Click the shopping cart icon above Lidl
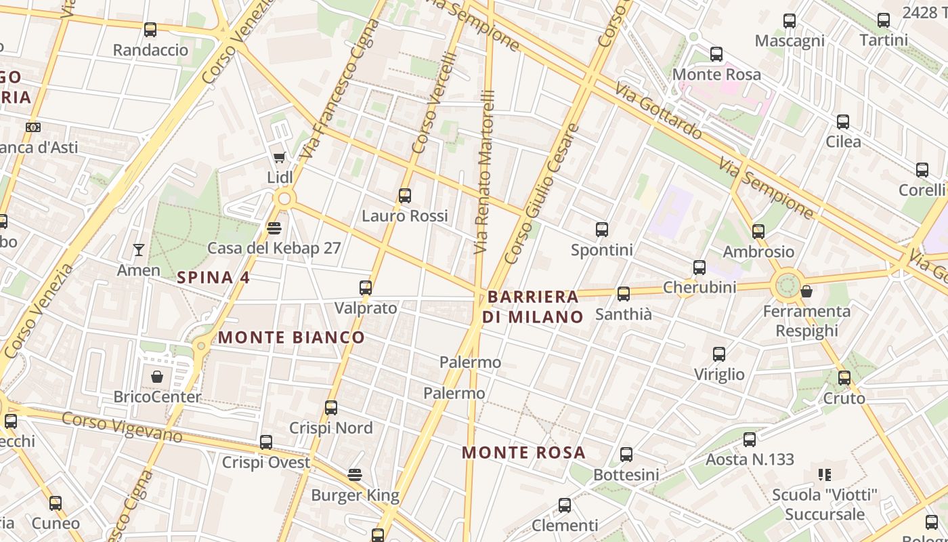tap(279, 158)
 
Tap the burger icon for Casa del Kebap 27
tap(274, 228)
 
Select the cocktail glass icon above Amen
tap(139, 250)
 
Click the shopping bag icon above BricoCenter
tap(157, 377)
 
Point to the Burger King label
tap(355, 495)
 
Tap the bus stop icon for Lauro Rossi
tap(405, 196)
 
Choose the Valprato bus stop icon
tap(366, 288)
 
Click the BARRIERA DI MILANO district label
tap(533, 306)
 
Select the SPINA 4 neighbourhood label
tap(213, 277)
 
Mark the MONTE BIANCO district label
tap(291, 337)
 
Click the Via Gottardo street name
tap(658, 110)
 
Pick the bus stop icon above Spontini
tap(602, 230)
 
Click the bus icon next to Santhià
tap(624, 294)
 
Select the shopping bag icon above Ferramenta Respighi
tap(806, 291)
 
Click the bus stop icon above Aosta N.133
tap(750, 440)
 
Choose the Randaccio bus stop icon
tap(150, 30)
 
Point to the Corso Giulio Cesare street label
tap(542, 194)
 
